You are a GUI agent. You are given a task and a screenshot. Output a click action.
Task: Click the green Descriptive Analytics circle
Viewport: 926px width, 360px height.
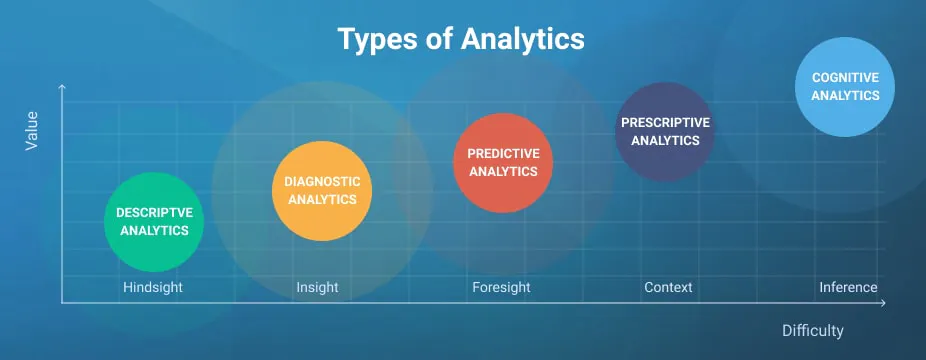tap(154, 222)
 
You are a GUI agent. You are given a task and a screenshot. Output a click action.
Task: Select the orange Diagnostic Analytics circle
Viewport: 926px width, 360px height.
tap(322, 191)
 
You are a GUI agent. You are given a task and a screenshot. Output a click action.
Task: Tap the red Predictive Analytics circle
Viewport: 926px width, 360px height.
tap(503, 162)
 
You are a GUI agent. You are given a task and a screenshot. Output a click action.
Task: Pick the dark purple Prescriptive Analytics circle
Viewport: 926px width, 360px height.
tap(664, 132)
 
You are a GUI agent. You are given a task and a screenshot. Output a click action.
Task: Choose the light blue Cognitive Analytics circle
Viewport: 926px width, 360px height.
tap(845, 86)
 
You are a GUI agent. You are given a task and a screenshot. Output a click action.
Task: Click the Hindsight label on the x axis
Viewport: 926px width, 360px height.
tap(153, 288)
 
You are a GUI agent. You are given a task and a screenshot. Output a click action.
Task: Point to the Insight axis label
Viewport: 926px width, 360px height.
tap(317, 288)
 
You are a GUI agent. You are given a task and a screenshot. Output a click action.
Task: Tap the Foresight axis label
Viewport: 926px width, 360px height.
tap(501, 288)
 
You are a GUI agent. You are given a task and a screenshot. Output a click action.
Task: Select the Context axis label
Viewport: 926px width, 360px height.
tap(668, 288)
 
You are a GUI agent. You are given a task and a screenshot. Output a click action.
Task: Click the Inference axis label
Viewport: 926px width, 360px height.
tap(848, 288)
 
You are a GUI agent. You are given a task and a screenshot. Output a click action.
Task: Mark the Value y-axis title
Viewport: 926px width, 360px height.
tap(32, 132)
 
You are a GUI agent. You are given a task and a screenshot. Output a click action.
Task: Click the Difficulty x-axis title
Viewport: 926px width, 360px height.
tap(813, 330)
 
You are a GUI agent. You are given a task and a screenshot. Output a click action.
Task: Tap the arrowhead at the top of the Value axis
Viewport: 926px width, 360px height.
tap(62, 87)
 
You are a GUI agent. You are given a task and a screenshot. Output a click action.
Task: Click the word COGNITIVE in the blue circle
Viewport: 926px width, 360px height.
tap(845, 77)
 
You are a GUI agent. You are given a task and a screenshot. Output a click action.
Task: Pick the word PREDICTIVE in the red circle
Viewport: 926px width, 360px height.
tap(503, 153)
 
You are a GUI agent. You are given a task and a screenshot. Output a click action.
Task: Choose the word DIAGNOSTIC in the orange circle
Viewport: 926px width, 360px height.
tap(322, 182)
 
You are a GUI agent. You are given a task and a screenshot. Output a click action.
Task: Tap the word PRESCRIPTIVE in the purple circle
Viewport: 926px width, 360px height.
tap(665, 123)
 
